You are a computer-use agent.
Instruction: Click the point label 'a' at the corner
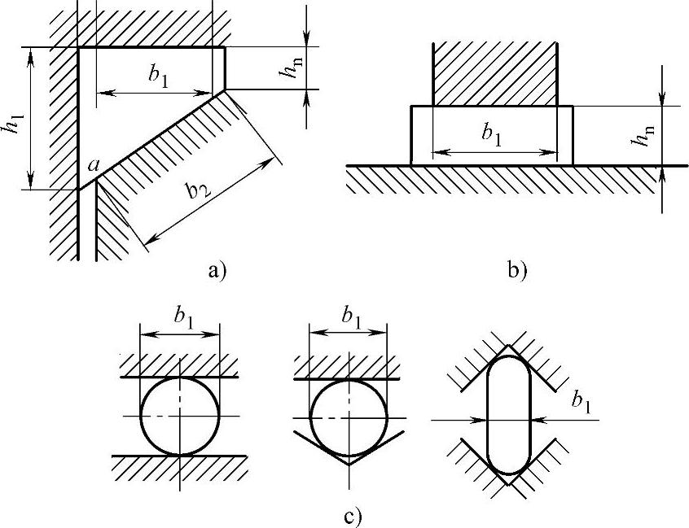[94, 166]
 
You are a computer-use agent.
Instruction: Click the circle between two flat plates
[180, 415]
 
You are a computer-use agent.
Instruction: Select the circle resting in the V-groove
[350, 417]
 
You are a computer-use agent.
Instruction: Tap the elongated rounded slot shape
[507, 415]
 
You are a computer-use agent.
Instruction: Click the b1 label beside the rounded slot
[581, 402]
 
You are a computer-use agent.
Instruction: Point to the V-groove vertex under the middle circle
[351, 465]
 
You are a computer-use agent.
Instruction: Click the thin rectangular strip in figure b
[492, 136]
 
